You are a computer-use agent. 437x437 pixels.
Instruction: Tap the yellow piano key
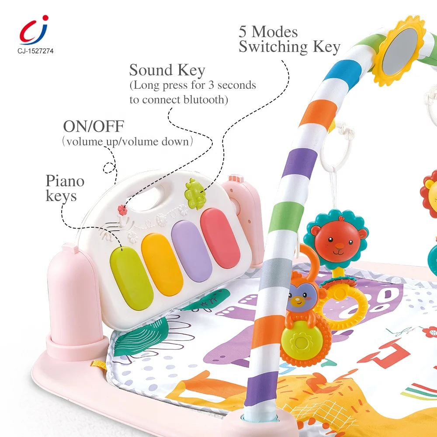(x=162, y=264)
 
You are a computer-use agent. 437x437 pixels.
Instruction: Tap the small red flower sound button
(x=123, y=210)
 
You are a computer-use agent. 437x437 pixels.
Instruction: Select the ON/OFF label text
(x=94, y=127)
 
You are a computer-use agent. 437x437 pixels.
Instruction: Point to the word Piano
(x=65, y=181)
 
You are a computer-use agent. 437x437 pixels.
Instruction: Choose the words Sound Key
(x=167, y=70)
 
